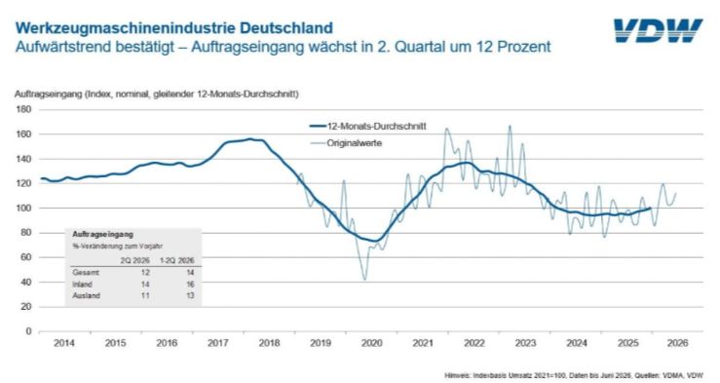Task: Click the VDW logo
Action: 659,31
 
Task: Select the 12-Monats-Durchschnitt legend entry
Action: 368,127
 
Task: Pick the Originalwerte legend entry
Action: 346,143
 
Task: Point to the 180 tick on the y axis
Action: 24,109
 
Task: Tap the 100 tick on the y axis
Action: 24,208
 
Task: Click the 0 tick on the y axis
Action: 28,331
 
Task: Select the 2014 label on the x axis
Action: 64,343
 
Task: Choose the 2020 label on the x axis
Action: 371,343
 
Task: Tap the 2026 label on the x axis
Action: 677,343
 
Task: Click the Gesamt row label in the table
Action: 86,272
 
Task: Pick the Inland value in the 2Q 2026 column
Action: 145,285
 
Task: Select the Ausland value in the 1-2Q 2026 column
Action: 190,295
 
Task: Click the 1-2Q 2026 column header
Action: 176,260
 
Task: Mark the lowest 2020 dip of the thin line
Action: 365,280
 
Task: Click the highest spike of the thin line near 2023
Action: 510,126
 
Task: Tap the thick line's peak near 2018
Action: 249,138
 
